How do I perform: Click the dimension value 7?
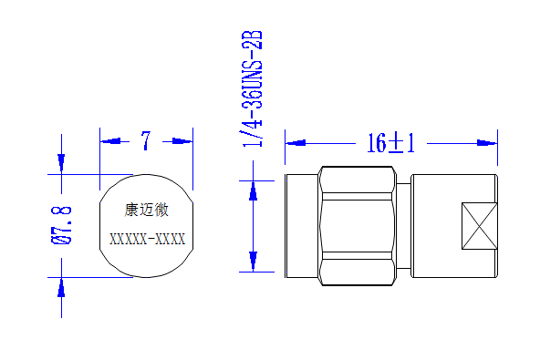tap(146, 140)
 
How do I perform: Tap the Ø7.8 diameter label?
tap(62, 226)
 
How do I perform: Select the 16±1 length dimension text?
tap(391, 143)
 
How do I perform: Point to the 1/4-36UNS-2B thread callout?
tap(253, 88)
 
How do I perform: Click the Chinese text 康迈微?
tap(146, 210)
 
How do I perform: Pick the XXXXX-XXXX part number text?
tap(148, 239)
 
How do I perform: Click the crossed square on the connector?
tap(480, 226)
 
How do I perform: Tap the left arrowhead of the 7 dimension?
tap(109, 141)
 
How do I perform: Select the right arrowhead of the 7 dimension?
tap(182, 141)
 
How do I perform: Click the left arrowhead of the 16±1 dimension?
tap(296, 143)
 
